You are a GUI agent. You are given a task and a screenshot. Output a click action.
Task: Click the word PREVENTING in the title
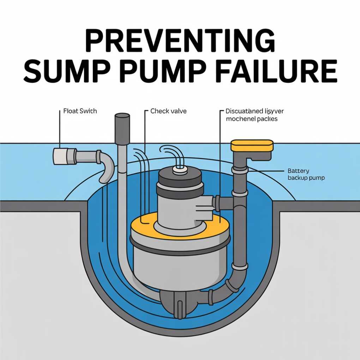pos(180,41)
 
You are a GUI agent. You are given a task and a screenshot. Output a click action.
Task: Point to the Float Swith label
pos(80,111)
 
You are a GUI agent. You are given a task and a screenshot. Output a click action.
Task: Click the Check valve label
pos(168,111)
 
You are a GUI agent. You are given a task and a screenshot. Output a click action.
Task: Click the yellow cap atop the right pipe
pos(252,145)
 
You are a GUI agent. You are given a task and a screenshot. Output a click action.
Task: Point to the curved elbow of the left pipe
pos(106,166)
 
